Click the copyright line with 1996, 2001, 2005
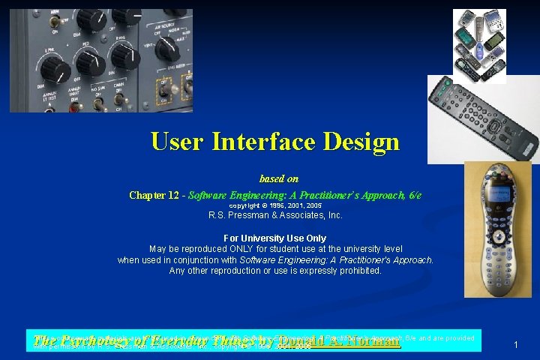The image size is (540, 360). click(275, 205)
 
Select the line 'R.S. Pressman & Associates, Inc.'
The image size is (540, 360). click(275, 215)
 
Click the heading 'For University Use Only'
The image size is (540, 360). click(275, 238)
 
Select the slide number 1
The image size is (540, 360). click(516, 344)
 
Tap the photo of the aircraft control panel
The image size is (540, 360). click(100, 60)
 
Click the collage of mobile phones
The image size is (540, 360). click(479, 41)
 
